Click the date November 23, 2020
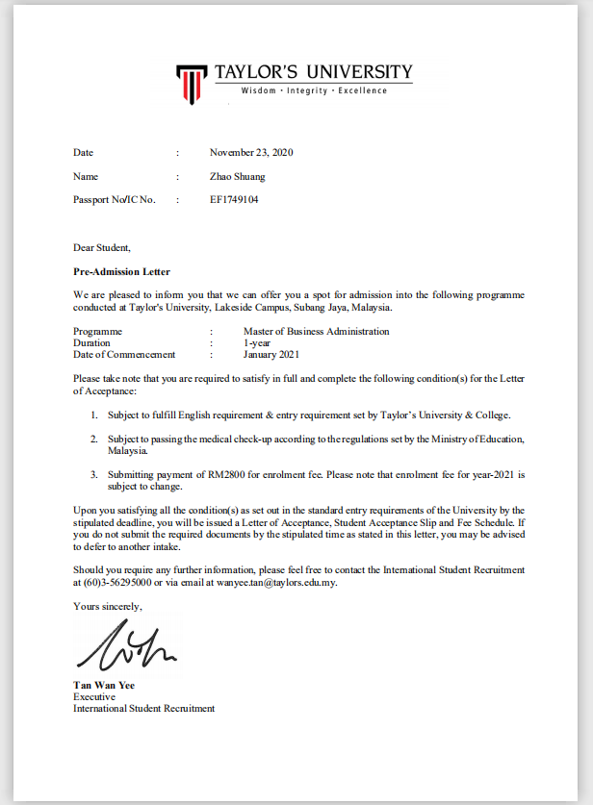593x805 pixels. point(250,153)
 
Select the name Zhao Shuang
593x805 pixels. point(237,177)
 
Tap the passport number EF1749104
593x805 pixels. point(234,200)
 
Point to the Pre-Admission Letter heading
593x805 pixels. point(121,272)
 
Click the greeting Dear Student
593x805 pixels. point(101,248)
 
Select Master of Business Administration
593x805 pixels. point(316,331)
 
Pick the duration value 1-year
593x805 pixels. point(257,342)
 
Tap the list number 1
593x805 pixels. point(94,415)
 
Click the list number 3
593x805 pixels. point(94,475)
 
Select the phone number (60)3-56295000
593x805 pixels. point(117,582)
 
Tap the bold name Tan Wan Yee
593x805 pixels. point(104,686)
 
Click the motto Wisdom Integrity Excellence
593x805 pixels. point(314,91)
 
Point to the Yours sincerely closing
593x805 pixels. point(107,606)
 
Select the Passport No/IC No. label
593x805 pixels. point(114,200)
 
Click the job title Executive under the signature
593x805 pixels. point(94,697)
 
